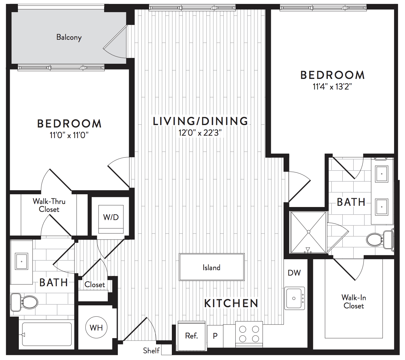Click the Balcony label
(69, 37)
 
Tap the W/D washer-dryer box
(111, 219)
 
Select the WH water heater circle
(96, 328)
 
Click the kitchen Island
(212, 267)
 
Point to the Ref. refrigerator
(192, 336)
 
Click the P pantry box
(215, 336)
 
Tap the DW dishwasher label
(294, 273)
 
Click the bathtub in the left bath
(47, 334)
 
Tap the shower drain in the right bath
(308, 232)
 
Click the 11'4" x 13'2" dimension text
(332, 87)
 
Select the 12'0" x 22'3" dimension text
(200, 133)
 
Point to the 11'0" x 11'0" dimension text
(69, 135)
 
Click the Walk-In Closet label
(354, 302)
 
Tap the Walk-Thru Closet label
(49, 205)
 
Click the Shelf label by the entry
(151, 350)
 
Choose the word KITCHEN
(231, 303)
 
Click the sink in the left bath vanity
(22, 261)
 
